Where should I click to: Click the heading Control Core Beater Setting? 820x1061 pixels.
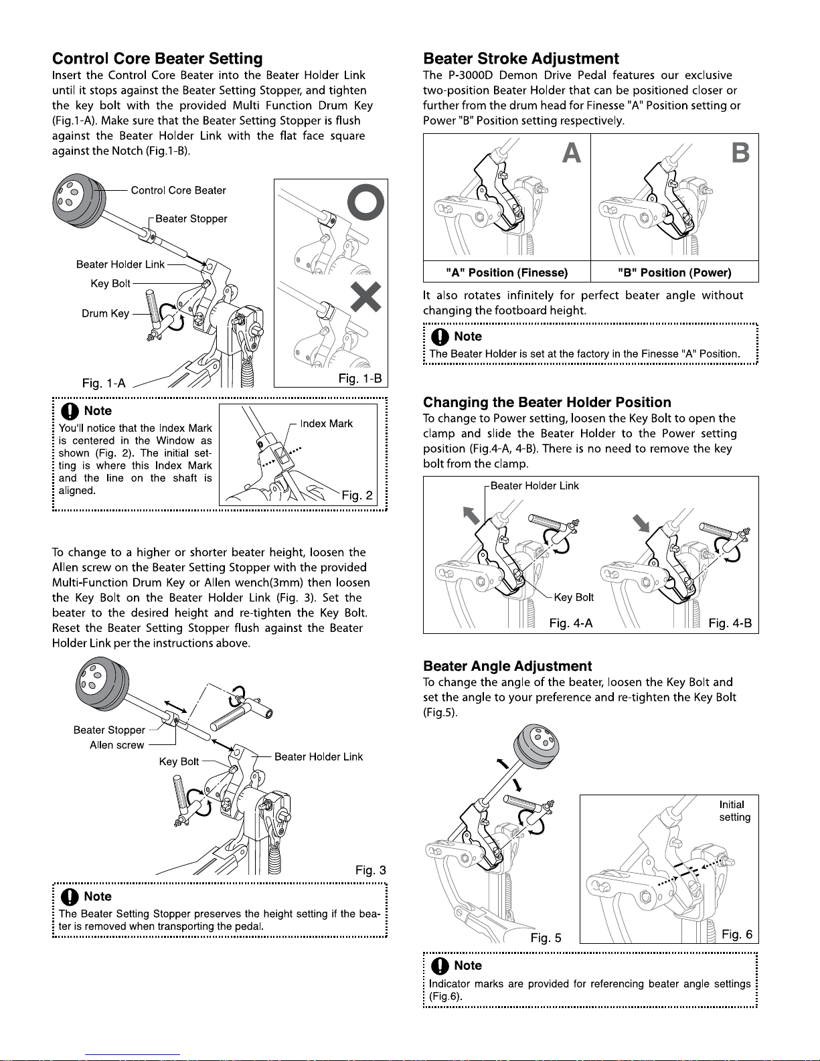[x=157, y=59]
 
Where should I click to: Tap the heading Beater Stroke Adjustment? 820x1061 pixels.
[x=521, y=59]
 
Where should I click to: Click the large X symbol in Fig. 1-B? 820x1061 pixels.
[x=365, y=297]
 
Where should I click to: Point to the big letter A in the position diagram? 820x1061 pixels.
[x=572, y=153]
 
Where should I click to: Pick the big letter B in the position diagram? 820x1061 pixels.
[x=740, y=153]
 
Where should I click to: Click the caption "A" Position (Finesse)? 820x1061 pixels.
[x=507, y=272]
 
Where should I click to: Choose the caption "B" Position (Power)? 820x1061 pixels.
[x=675, y=272]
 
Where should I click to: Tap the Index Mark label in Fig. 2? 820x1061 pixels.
[x=326, y=423]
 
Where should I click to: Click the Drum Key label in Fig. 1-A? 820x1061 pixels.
[x=106, y=313]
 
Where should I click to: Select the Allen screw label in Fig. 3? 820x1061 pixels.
[x=116, y=745]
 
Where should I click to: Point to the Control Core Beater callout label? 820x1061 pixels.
[x=178, y=190]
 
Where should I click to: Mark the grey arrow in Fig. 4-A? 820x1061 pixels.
[x=471, y=515]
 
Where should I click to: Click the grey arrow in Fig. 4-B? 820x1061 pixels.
[x=641, y=523]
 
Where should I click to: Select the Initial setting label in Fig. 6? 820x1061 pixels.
[x=734, y=811]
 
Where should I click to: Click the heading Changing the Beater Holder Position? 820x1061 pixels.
[x=547, y=402]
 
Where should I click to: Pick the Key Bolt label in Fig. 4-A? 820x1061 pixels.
[x=574, y=597]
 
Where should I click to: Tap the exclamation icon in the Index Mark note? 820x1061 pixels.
[x=70, y=410]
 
